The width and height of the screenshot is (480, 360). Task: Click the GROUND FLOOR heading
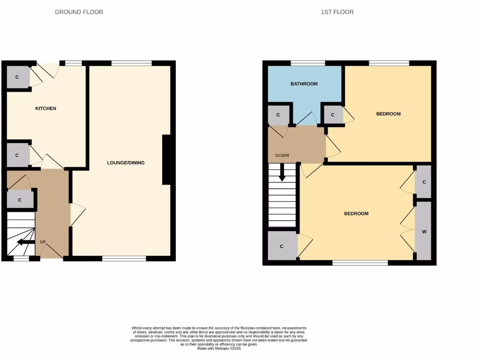click(x=79, y=12)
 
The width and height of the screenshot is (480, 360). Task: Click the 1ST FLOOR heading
click(x=337, y=12)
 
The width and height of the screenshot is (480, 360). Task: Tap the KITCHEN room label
click(x=46, y=108)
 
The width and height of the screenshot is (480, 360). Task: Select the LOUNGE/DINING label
click(x=126, y=163)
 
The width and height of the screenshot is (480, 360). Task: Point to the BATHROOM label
click(x=304, y=84)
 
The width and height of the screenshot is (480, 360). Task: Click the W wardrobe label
click(x=424, y=232)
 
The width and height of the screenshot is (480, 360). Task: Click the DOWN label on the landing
click(x=282, y=155)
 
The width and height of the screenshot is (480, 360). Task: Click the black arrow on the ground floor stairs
click(x=26, y=242)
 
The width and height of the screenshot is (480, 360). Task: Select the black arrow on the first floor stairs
click(x=282, y=172)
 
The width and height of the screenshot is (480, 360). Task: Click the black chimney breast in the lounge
click(x=166, y=160)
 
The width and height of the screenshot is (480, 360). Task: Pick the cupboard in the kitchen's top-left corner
click(x=17, y=76)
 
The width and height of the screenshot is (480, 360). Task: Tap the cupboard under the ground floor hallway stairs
click(x=20, y=200)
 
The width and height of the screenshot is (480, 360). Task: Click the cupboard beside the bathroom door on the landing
click(x=278, y=115)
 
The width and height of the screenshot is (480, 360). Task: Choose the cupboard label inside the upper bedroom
click(x=333, y=115)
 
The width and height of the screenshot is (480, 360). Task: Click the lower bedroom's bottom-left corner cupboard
click(x=281, y=246)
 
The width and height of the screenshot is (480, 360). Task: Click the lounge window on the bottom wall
click(x=124, y=258)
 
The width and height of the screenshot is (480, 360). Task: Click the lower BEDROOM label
click(x=356, y=214)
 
